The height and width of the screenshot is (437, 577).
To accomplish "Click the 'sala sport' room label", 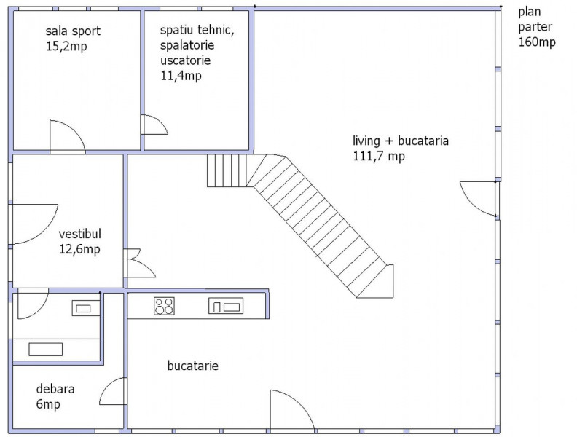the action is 73,31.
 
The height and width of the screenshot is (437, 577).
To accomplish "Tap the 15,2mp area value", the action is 66,47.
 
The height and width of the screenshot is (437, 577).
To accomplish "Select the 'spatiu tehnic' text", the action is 197,30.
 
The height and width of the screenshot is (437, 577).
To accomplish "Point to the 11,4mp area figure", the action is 181,76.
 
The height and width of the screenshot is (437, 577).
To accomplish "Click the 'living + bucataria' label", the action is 401,141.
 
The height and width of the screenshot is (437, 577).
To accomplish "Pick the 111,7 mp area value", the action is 379,157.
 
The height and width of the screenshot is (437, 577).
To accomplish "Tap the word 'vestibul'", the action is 80,234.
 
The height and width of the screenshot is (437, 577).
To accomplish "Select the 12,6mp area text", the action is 80,249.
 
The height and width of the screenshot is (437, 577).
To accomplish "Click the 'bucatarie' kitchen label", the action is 193,366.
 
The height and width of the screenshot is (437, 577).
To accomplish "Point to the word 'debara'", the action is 55,389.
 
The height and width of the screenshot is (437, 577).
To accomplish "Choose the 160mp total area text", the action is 537,42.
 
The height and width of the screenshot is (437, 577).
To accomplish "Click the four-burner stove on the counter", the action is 164,306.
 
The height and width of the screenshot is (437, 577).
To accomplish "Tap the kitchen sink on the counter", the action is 226,306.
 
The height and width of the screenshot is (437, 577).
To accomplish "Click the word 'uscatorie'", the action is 186,60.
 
